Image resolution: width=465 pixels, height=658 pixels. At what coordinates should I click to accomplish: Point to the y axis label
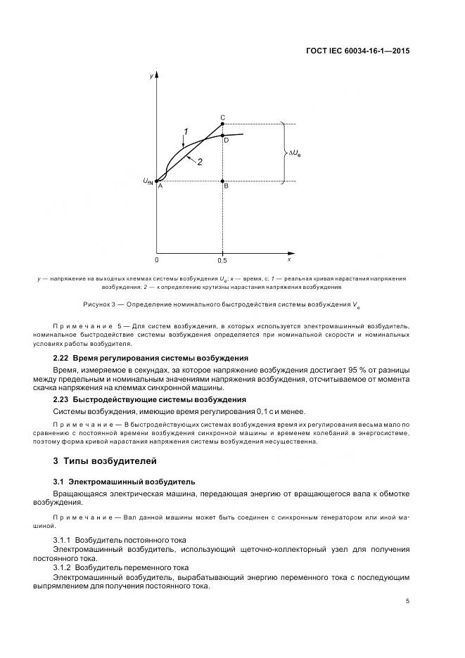[x=151, y=75]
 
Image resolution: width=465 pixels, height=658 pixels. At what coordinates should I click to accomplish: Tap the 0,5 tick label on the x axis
[x=222, y=259]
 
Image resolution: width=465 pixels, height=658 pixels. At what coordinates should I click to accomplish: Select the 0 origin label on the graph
[x=157, y=259]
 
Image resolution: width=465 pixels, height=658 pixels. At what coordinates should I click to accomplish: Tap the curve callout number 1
[x=186, y=131]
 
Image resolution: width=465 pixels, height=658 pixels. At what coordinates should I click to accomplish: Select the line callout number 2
[x=200, y=162]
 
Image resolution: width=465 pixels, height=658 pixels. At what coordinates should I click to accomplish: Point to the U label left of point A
[x=148, y=181]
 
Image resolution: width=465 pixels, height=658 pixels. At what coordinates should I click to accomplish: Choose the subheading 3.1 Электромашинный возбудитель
[x=124, y=482]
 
